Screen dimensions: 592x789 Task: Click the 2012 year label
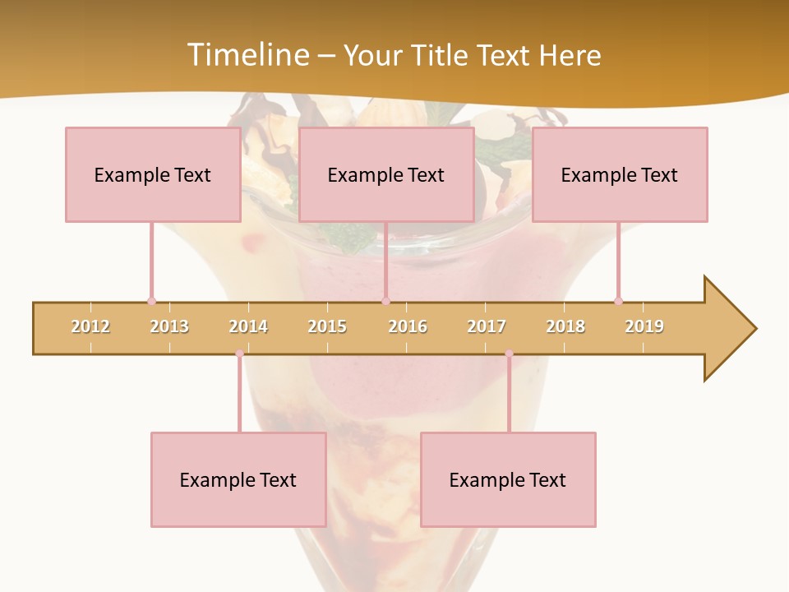(90, 326)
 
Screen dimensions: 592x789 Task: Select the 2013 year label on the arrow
(169, 326)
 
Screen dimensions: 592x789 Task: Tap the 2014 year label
(248, 326)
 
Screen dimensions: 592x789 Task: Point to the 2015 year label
(327, 326)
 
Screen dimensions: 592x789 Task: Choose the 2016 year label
(408, 326)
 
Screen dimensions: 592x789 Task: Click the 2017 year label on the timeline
(487, 326)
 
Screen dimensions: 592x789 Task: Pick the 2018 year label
(565, 326)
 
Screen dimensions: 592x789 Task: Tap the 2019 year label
(644, 326)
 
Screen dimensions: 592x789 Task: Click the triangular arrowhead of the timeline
(728, 329)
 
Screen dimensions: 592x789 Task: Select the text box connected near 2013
(153, 174)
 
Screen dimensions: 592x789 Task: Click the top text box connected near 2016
(386, 174)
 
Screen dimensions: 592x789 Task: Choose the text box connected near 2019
(620, 174)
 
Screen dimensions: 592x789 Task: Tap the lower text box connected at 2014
(238, 479)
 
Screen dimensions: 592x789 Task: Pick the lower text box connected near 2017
(508, 479)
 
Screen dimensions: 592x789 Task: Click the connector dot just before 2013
(151, 301)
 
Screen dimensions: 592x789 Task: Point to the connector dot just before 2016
(385, 301)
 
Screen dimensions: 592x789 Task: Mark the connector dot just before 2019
(618, 301)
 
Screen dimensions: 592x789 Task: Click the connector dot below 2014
(239, 354)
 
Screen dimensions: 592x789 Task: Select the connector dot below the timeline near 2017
(509, 354)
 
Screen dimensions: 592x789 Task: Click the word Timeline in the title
(247, 54)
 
